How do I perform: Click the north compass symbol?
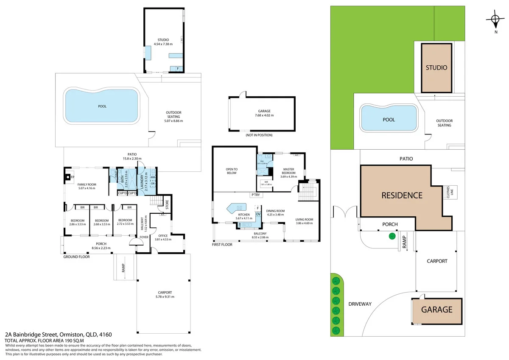coord(495,19)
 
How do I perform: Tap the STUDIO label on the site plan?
coord(436,67)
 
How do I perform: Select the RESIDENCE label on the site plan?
coord(402,195)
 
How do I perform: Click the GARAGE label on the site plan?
coord(436,310)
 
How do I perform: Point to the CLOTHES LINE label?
coord(448,193)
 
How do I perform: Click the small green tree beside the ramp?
coord(392,236)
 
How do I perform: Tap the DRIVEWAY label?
coord(360,304)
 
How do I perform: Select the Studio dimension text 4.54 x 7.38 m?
coord(163,44)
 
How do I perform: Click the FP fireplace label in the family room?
coord(73,177)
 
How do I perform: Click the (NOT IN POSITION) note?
coord(259,135)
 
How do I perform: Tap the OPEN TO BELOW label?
coord(232,171)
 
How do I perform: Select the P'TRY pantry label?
coord(255,195)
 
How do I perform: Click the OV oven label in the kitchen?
coord(257,214)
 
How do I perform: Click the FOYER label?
coord(144,237)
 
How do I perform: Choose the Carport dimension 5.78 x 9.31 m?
coord(165,297)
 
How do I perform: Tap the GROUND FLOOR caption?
coord(76,257)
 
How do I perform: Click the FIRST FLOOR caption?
coord(222,245)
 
